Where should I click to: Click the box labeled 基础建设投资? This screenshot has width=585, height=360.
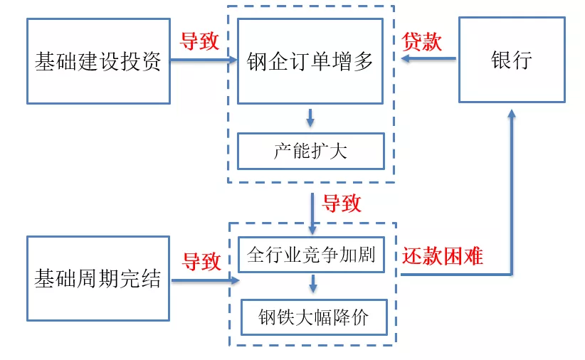(x=98, y=61)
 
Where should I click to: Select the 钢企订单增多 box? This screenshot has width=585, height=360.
(x=310, y=61)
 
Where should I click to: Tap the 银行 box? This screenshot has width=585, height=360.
(x=511, y=60)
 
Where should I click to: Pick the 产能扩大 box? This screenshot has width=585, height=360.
(x=310, y=150)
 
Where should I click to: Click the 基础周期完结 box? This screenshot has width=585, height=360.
(x=98, y=278)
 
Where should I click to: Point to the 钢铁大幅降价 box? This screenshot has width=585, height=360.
(x=314, y=317)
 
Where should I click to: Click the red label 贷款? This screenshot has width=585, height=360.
(x=422, y=41)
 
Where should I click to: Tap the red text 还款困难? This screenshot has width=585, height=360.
(x=442, y=255)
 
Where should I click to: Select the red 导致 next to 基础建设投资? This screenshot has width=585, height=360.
(x=199, y=41)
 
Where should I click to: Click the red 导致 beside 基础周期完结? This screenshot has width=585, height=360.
(x=201, y=261)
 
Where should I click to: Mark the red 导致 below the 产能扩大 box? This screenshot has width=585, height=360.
(x=342, y=204)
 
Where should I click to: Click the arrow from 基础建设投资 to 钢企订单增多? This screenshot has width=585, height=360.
(x=204, y=61)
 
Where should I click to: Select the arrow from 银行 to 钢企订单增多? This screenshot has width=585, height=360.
(x=427, y=60)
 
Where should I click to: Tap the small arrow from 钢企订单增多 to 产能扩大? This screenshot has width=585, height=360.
(x=310, y=118)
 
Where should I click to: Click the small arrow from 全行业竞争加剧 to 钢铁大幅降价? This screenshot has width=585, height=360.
(x=313, y=285)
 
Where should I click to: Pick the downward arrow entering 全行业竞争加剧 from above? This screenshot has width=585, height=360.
(x=312, y=213)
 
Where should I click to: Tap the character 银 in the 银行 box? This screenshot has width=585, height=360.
(x=501, y=60)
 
